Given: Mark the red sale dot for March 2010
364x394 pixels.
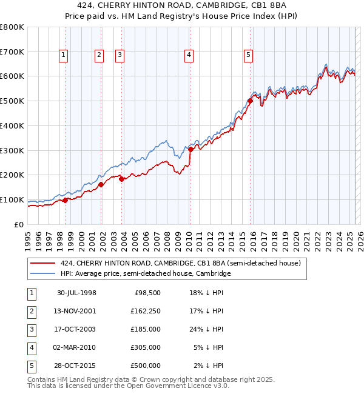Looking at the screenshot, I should coord(190,149).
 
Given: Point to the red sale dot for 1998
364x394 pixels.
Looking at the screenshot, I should coord(65,200).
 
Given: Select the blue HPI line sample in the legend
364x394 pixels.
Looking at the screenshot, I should coord(44,274).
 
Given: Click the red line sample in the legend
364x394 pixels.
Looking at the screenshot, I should coord(44,263).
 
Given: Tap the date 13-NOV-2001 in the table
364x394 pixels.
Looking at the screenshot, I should coord(76,312).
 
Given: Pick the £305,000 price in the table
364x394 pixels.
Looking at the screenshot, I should coord(146,348).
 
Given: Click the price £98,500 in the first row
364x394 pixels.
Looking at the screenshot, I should coord(147,293).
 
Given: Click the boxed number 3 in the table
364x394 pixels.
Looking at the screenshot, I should coord(30,330).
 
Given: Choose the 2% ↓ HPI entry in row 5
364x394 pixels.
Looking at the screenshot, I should coord(208,366).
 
